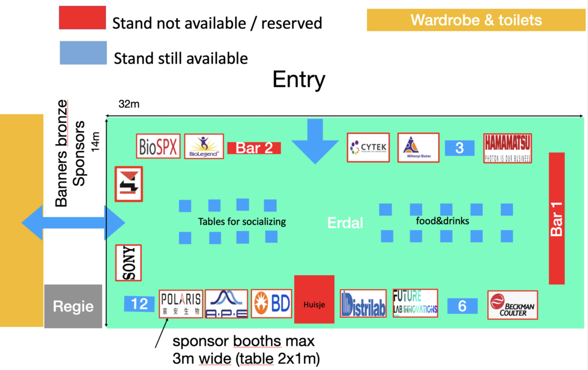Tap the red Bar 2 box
click(254, 148)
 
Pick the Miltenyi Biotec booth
click(418, 149)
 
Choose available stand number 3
click(459, 148)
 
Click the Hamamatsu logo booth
click(508, 148)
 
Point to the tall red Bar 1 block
click(556, 218)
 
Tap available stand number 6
click(462, 306)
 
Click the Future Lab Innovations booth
click(415, 303)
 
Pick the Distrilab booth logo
click(362, 304)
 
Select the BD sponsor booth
click(272, 303)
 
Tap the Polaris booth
click(181, 303)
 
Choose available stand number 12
click(140, 304)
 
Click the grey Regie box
click(73, 306)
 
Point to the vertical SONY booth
click(129, 263)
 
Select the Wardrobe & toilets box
click(476, 21)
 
